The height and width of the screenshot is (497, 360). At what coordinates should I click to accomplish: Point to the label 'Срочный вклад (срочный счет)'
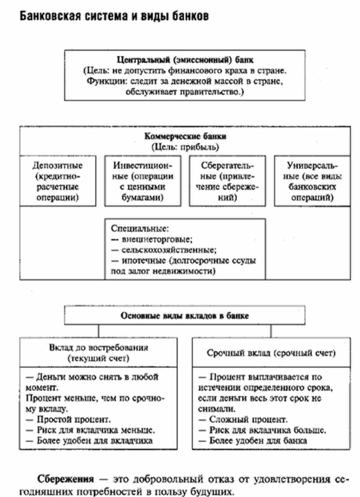(x=271, y=353)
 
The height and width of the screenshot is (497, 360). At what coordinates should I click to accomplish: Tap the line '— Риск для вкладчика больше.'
(x=262, y=430)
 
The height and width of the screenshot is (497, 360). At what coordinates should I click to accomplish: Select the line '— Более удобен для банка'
(x=253, y=440)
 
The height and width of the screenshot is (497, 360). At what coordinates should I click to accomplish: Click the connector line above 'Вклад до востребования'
(x=98, y=332)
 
